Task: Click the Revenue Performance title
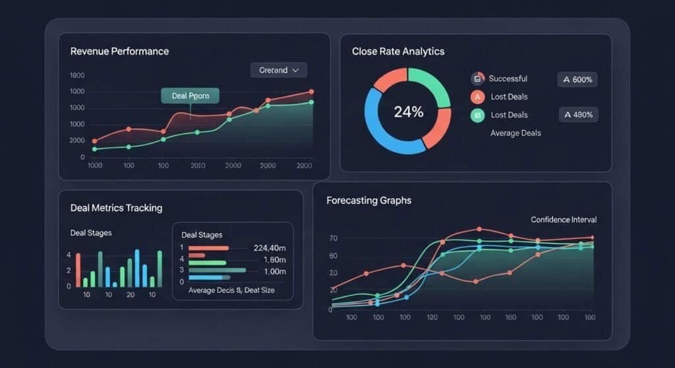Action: pyautogui.click(x=119, y=51)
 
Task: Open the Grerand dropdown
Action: pyautogui.click(x=279, y=70)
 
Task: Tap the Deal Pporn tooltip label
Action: pyautogui.click(x=190, y=95)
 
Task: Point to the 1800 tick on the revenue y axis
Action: pyautogui.click(x=77, y=76)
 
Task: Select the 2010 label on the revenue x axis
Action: pyautogui.click(x=198, y=167)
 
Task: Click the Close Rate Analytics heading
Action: pyautogui.click(x=397, y=51)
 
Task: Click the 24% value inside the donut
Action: pyautogui.click(x=408, y=112)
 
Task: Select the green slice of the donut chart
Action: pyautogui.click(x=435, y=86)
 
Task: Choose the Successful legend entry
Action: pyautogui.click(x=508, y=79)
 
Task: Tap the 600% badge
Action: pyautogui.click(x=577, y=80)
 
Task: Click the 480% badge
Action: pyautogui.click(x=577, y=115)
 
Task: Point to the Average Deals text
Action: pyautogui.click(x=515, y=133)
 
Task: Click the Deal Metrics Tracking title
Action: pyautogui.click(x=116, y=208)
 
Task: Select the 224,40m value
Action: pyautogui.click(x=270, y=248)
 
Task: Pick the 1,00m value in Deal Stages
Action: pyautogui.click(x=274, y=271)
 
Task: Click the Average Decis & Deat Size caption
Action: pyautogui.click(x=231, y=290)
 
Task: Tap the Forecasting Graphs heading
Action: pyautogui.click(x=368, y=200)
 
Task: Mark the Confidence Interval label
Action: pyautogui.click(x=563, y=220)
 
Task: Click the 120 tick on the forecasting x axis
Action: pyautogui.click(x=432, y=317)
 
